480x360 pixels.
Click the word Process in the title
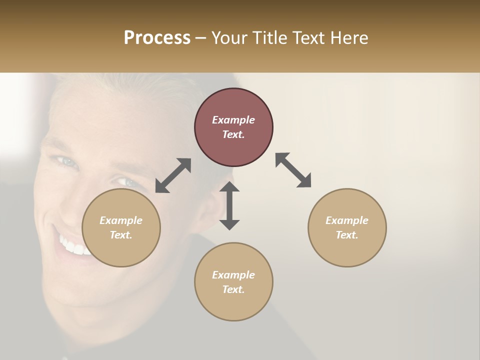(157, 38)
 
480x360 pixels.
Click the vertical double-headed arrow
(229, 205)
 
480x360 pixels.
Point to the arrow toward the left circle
(173, 175)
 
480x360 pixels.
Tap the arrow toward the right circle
(293, 170)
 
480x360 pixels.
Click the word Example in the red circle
(233, 120)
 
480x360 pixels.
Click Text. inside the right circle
(347, 235)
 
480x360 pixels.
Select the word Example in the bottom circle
(233, 275)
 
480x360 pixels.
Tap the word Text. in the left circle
(121, 235)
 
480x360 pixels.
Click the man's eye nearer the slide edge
(65, 161)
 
